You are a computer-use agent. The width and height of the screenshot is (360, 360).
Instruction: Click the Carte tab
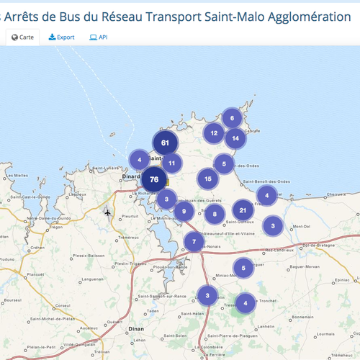point(22,37)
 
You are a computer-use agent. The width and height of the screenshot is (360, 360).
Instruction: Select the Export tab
point(62,37)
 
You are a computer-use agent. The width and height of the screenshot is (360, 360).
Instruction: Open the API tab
point(99,37)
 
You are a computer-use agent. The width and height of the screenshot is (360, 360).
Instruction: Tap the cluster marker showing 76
point(154,180)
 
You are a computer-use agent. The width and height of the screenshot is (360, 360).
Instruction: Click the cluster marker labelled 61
point(166,143)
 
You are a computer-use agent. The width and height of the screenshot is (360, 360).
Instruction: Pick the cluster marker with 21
point(243,211)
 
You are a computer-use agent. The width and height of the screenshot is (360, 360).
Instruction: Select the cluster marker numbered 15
point(208,179)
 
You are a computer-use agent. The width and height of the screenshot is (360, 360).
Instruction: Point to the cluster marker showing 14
point(235,138)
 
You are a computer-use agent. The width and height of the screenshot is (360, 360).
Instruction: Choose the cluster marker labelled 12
point(214,133)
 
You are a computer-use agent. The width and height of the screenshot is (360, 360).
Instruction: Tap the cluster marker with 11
point(171,163)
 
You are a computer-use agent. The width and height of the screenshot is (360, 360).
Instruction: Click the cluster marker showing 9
point(184,212)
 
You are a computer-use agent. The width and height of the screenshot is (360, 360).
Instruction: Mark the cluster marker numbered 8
point(214,214)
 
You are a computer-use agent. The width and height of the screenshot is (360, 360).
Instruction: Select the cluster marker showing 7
point(194,242)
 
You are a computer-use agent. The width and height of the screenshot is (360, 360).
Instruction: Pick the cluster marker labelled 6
point(232,118)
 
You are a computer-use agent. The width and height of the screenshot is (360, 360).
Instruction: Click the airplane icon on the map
point(108,212)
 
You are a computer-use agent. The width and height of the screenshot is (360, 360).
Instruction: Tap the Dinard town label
point(130,175)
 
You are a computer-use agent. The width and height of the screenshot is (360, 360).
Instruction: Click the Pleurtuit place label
point(130,216)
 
